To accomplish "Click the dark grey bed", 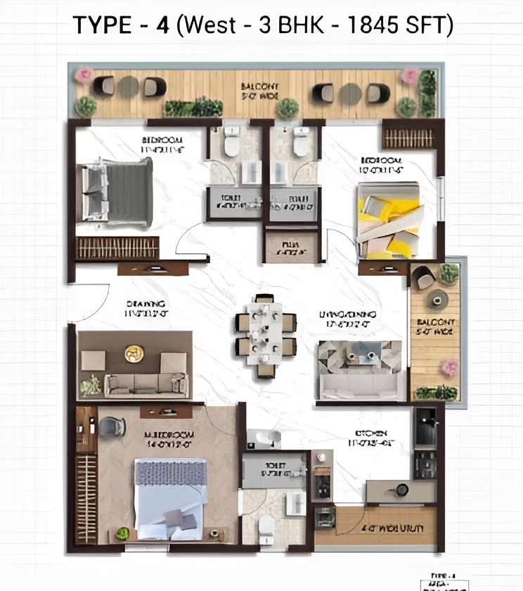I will [117, 192].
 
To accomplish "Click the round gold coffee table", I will [134, 353].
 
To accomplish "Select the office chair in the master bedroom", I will [112, 427].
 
